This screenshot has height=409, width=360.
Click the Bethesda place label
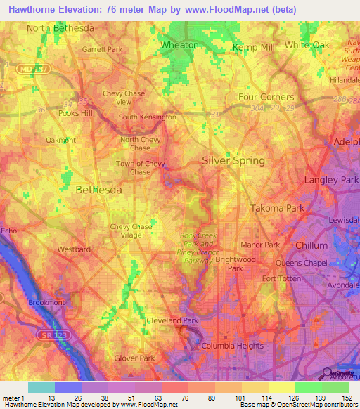click(x=98, y=190)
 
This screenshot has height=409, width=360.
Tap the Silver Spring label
click(x=233, y=160)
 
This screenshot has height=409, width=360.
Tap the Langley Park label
click(x=330, y=181)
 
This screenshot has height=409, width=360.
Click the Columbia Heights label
click(x=232, y=346)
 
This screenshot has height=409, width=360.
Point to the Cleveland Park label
click(x=173, y=320)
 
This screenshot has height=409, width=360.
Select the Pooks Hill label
click(x=76, y=113)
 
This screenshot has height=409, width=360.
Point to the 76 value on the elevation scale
click(x=177, y=398)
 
